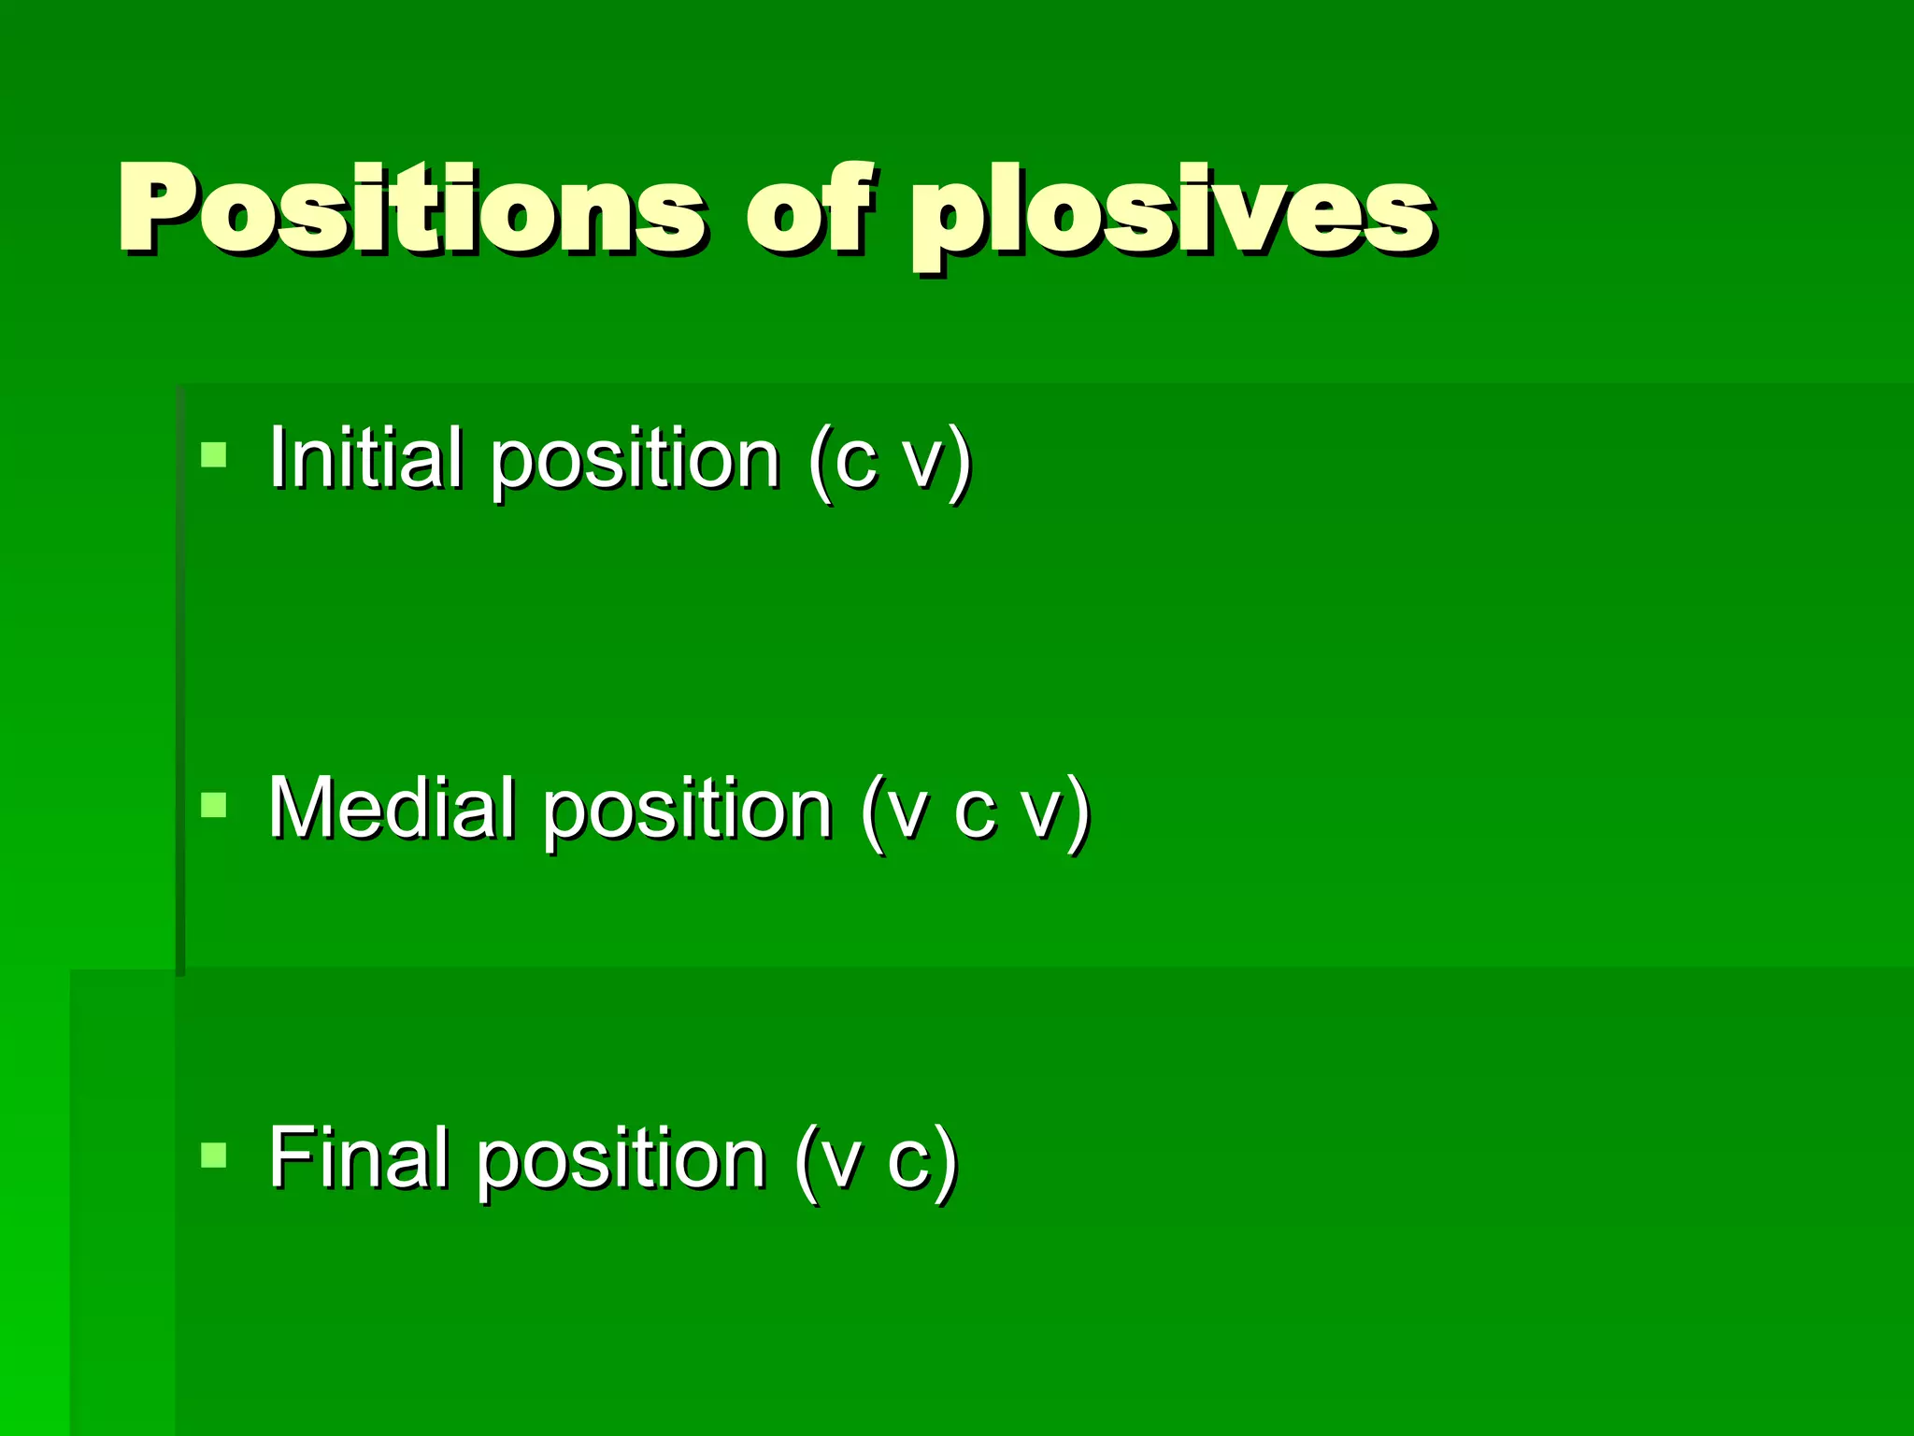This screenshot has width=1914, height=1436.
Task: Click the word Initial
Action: coord(365,457)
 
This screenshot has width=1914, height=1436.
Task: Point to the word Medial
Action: coord(392,808)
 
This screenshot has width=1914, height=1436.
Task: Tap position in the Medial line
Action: coord(688,811)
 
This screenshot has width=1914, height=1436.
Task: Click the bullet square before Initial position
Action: coord(214,455)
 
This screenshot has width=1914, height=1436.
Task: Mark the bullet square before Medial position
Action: coord(214,805)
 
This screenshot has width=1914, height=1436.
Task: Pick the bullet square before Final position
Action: coord(214,1156)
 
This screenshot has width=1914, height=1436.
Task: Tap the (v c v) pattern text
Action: coord(976,811)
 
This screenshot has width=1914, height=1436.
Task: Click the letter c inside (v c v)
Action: coord(974,811)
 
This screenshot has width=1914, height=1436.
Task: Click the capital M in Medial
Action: coord(303,808)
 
